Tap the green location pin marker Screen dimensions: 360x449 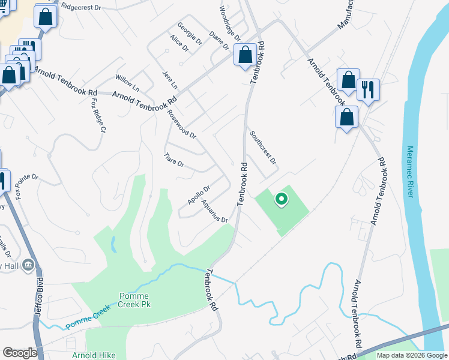click(x=280, y=199)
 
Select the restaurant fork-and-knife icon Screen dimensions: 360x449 click(x=367, y=89)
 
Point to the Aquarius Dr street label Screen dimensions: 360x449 click(x=215, y=212)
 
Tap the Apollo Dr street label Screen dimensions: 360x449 click(x=197, y=194)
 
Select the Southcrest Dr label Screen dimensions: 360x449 click(x=263, y=148)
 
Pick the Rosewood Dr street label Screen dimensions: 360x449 click(x=181, y=124)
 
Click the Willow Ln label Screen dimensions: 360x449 click(x=127, y=83)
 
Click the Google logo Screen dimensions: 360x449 click(x=20, y=353)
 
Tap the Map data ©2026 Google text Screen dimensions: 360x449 click(x=411, y=355)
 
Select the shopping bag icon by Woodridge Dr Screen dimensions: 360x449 click(x=245, y=55)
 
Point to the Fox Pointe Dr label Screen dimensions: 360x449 click(x=26, y=186)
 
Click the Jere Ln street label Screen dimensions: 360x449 click(x=170, y=80)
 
